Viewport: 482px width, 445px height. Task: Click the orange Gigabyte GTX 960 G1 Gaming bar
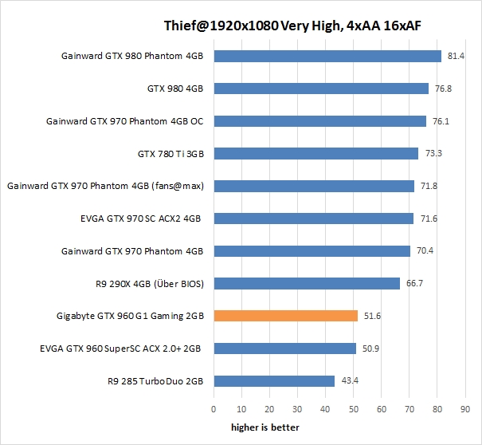(x=285, y=316)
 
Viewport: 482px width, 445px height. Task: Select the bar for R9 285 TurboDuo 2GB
(x=274, y=380)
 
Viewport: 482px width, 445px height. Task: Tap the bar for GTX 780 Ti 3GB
(x=315, y=153)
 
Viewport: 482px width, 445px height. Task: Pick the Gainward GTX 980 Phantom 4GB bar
(x=327, y=56)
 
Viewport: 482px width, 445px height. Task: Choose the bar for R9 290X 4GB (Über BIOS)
(x=307, y=283)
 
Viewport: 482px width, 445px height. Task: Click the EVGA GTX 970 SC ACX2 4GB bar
(x=313, y=219)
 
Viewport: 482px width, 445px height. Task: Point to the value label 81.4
(x=457, y=56)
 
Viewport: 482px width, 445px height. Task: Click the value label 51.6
(x=373, y=316)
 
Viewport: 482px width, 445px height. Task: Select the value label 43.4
(x=350, y=380)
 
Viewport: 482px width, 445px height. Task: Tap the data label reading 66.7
(x=415, y=283)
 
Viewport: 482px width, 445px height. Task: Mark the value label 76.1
(x=441, y=121)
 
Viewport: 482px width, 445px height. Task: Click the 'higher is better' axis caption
(x=265, y=427)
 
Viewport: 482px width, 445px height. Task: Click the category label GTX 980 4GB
(x=176, y=89)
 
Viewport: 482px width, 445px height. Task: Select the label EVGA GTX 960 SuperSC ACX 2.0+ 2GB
(x=122, y=349)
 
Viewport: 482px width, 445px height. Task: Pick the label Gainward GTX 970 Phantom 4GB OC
(x=125, y=121)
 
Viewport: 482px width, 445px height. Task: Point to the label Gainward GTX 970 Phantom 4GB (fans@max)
(x=106, y=186)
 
